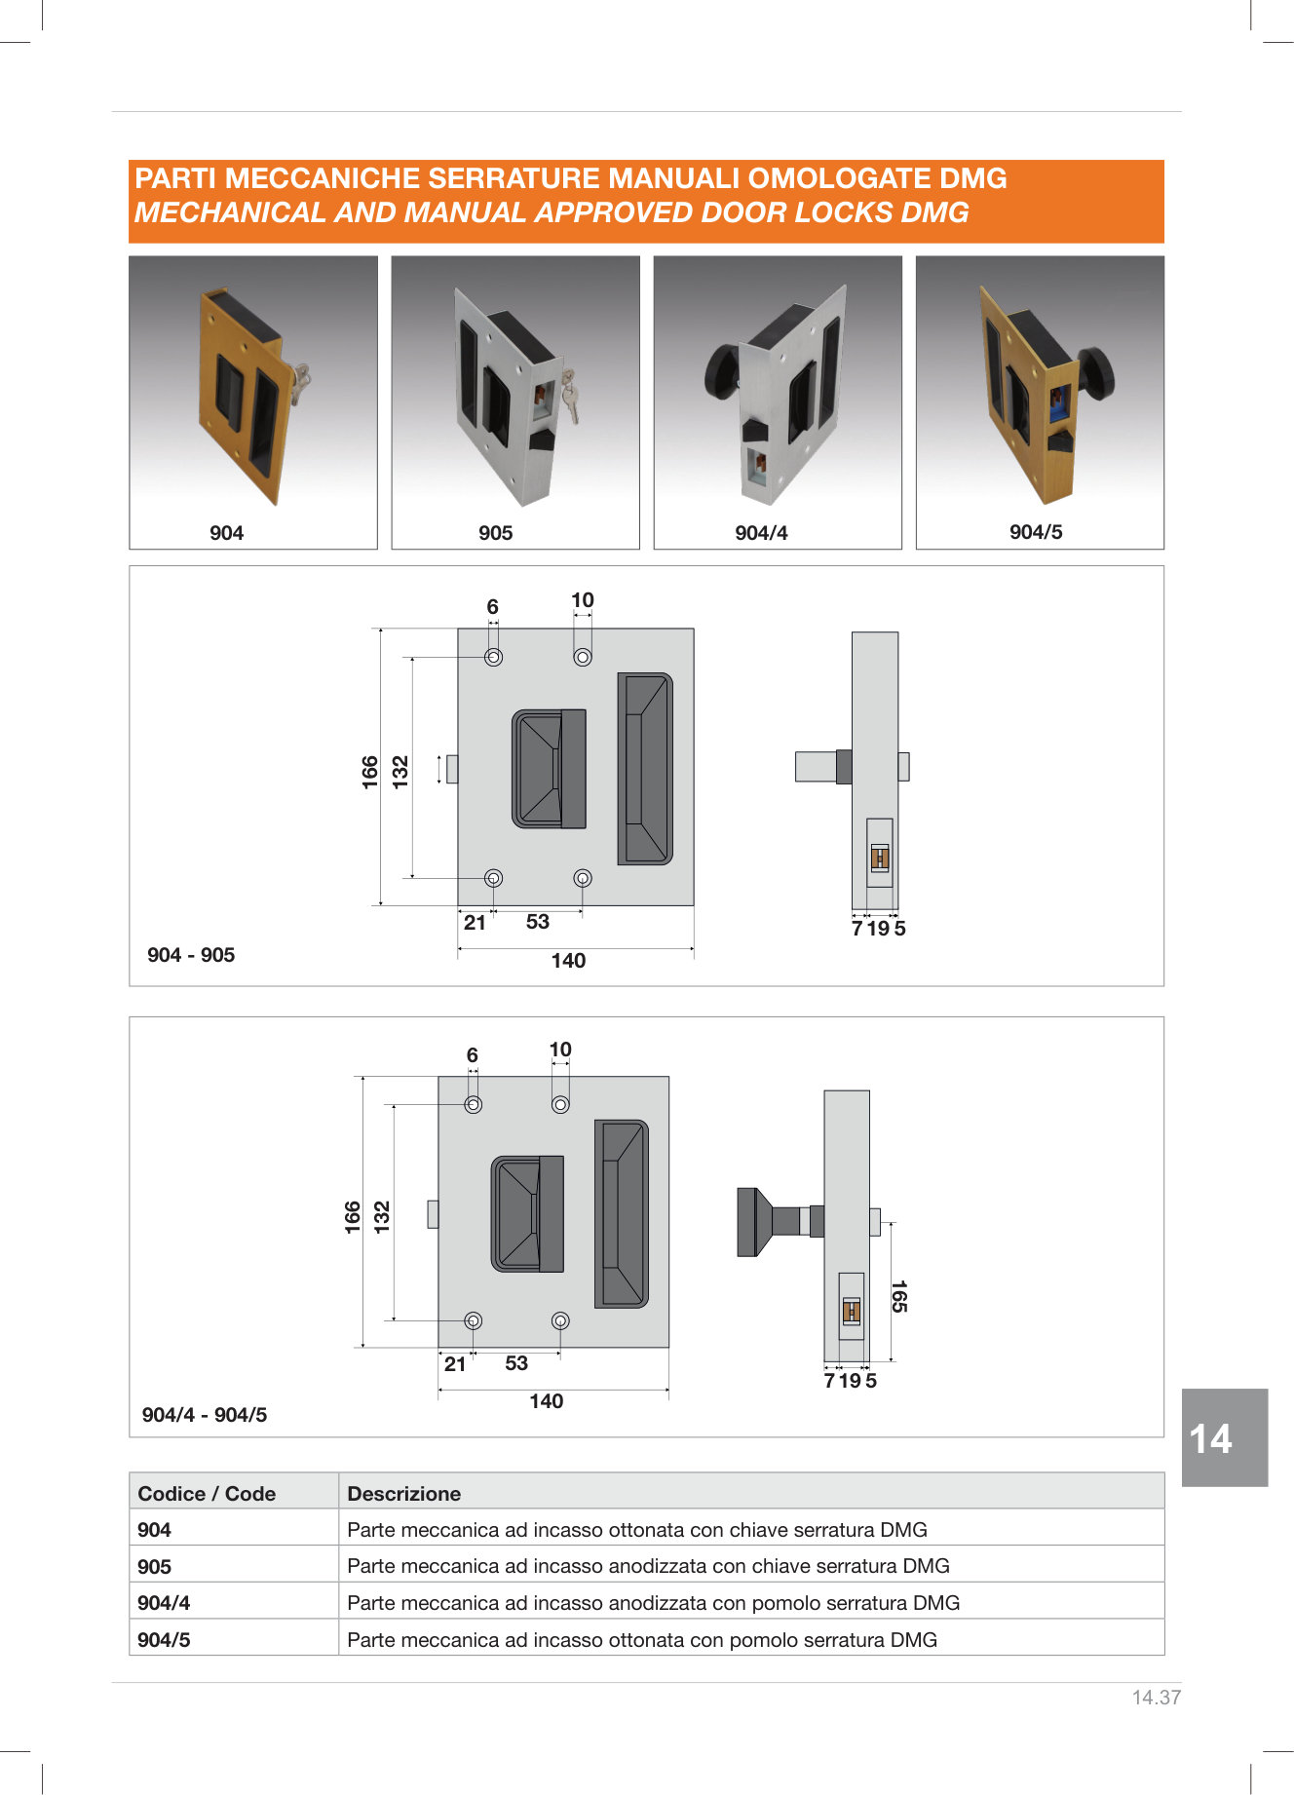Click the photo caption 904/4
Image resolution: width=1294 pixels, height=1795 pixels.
[x=761, y=533]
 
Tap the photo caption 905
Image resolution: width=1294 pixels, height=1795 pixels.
[x=495, y=533]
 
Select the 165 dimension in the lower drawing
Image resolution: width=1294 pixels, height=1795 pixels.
[x=898, y=1296]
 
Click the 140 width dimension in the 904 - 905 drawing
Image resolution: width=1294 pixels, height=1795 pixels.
[x=568, y=961]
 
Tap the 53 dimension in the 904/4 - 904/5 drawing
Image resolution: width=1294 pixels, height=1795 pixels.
[x=516, y=1363]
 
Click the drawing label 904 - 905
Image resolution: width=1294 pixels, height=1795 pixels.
[x=191, y=955]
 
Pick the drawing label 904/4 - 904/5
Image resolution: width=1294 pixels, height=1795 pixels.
[x=205, y=1415]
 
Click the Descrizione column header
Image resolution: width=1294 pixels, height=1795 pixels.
[x=403, y=1494]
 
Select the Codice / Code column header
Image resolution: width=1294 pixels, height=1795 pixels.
[x=207, y=1494]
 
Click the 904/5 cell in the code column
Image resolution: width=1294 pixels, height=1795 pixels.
[x=164, y=1640]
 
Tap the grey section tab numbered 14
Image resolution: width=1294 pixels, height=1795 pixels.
[x=1225, y=1437]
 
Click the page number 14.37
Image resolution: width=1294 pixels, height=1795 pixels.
[x=1157, y=1698]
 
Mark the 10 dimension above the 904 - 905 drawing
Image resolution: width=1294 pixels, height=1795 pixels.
[x=583, y=600]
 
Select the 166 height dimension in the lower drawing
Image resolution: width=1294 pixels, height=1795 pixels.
[x=353, y=1217]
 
